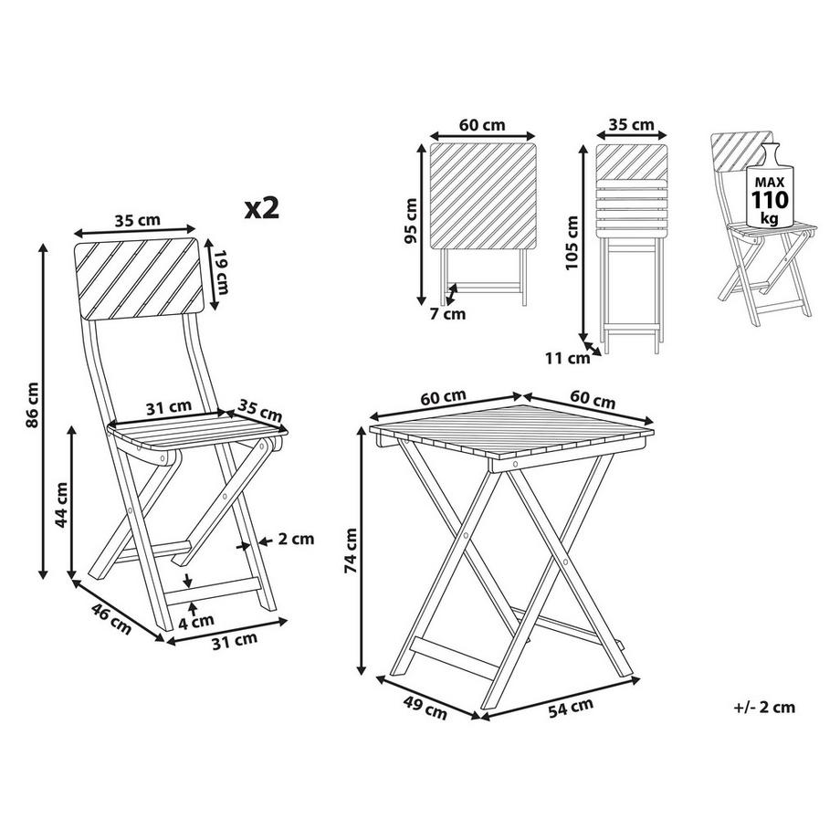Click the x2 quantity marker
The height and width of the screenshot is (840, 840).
[x=261, y=206]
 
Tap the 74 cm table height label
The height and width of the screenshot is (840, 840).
[x=351, y=552]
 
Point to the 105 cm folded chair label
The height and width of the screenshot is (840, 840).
[x=572, y=239]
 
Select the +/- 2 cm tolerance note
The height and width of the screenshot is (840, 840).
[x=764, y=706]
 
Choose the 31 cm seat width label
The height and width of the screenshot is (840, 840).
[x=168, y=408]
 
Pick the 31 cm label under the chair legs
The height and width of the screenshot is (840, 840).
[x=234, y=641]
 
